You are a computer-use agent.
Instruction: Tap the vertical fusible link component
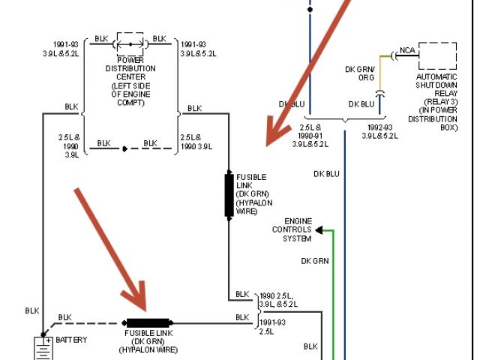[229, 195]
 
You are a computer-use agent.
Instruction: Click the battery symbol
[42, 347]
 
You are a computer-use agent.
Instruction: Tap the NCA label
[407, 51]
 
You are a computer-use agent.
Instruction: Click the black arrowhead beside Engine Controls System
[319, 230]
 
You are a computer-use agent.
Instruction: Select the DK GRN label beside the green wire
[315, 261]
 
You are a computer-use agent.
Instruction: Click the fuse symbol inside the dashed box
[130, 44]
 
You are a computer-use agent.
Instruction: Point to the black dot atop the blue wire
[310, 10]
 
